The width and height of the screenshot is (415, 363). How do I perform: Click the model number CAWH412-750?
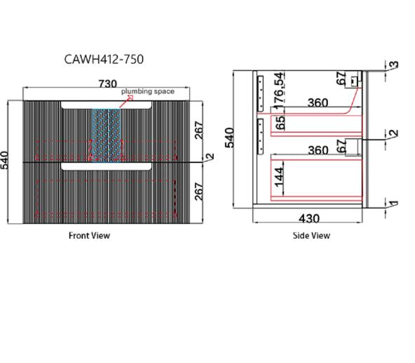pos(104,60)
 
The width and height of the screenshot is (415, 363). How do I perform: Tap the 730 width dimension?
pos(108,84)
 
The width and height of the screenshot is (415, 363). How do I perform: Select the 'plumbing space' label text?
pos(148,91)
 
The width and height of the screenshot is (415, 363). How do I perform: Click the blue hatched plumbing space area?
pos(107,135)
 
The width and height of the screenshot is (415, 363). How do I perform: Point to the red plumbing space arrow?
pos(126,102)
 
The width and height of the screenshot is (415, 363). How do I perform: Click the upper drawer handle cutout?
pos(106,105)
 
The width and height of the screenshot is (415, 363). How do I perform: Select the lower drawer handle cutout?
pos(106,166)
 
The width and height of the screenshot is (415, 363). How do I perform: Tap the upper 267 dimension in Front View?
pos(199,130)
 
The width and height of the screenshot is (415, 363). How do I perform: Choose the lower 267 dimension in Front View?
pos(199,192)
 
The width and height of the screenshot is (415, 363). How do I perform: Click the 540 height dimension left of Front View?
pos(5,160)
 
